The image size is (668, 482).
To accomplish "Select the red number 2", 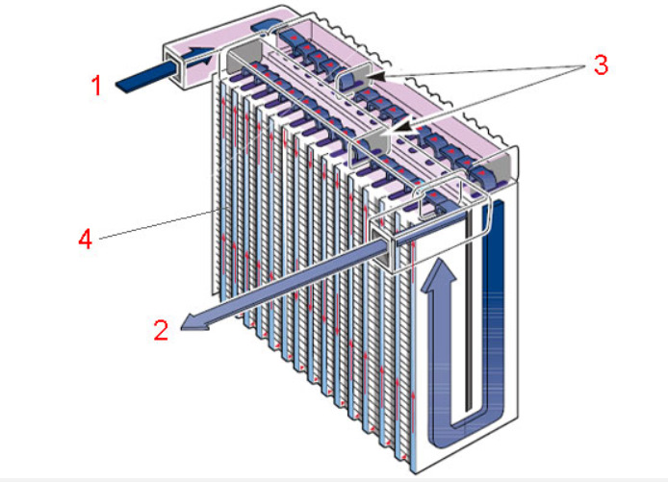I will click(161, 330).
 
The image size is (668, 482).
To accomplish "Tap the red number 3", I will click(599, 66).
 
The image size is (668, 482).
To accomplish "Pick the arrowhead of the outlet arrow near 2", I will click(193, 324).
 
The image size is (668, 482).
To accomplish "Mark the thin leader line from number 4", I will click(154, 223).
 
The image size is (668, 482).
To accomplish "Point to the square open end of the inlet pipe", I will click(180, 68).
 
